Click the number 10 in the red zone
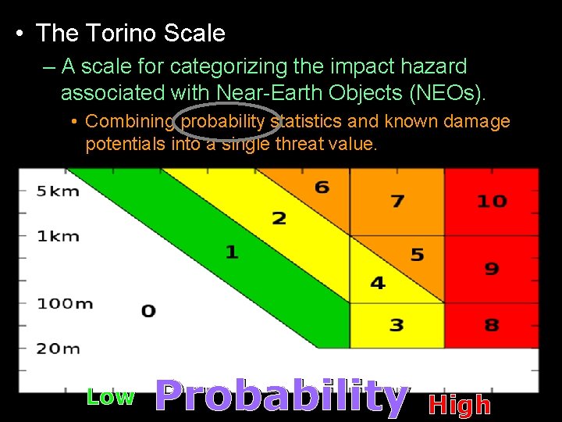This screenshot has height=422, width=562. [x=492, y=201]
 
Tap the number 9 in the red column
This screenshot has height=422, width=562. [x=492, y=269]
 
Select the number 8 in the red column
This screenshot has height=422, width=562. [x=492, y=324]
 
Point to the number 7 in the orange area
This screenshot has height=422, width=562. [x=397, y=201]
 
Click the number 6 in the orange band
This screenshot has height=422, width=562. [x=322, y=188]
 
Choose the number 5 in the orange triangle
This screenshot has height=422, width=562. [x=418, y=255]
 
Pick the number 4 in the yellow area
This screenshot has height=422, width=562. [x=378, y=283]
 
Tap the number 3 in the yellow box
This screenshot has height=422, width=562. [x=397, y=324]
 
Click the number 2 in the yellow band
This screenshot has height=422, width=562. [x=279, y=218]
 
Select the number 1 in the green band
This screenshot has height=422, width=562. [x=232, y=252]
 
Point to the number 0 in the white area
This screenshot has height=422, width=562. [x=148, y=311]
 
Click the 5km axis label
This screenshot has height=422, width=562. [x=58, y=191]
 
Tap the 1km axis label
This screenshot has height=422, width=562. [x=58, y=236]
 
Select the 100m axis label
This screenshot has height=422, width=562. [x=65, y=303]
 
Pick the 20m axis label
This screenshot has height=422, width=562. [x=59, y=348]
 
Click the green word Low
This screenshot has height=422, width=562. [x=110, y=397]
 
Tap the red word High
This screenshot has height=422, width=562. [x=460, y=405]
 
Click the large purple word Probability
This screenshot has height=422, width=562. [x=281, y=397]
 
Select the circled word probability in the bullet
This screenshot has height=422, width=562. [x=225, y=121]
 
